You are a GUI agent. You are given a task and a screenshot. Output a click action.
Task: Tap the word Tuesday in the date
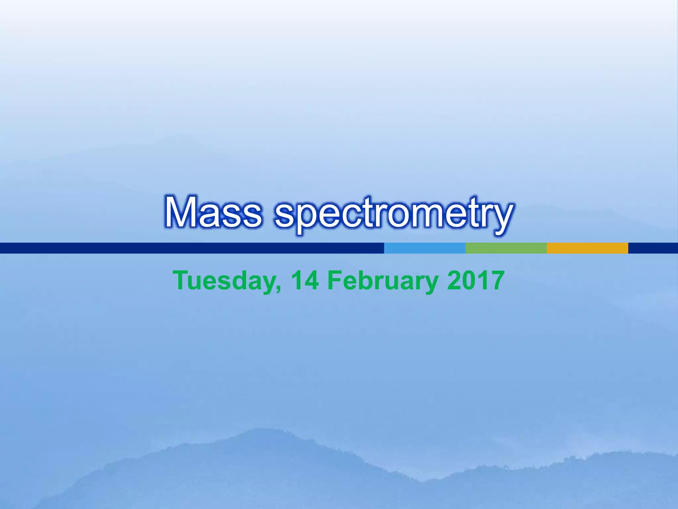[225, 281]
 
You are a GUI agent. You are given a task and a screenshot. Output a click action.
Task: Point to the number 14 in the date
[305, 280]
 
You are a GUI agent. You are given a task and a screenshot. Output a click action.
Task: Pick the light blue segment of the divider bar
[424, 248]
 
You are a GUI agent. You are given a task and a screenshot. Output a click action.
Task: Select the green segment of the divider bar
[506, 248]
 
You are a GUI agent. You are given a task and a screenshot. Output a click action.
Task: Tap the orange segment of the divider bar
[587, 248]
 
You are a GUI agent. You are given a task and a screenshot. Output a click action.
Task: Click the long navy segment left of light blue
[192, 248]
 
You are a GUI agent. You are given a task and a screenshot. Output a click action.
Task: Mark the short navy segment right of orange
[653, 248]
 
